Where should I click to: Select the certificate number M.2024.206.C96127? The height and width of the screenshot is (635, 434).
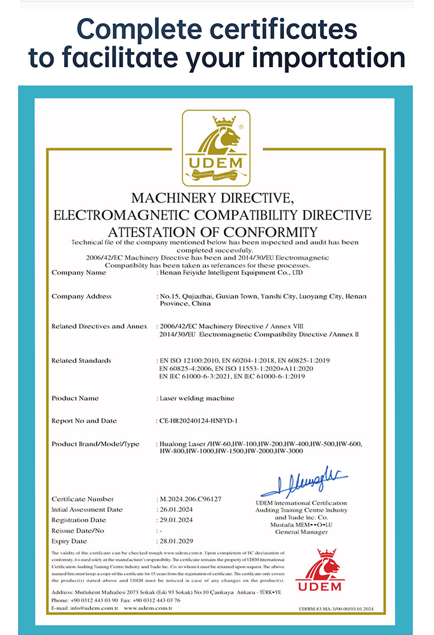click(190, 499)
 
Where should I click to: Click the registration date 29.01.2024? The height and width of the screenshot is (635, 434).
click(176, 520)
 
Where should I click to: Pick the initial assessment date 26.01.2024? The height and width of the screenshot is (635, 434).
click(176, 510)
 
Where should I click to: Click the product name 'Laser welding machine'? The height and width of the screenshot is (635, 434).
click(197, 398)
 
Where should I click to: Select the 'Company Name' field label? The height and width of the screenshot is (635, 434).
click(79, 272)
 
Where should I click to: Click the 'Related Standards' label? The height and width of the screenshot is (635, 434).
click(81, 360)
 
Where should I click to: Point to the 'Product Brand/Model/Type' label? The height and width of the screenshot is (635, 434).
click(95, 444)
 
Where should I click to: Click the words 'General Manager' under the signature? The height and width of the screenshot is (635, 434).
click(301, 531)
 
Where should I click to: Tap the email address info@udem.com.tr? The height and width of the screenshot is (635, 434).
click(93, 608)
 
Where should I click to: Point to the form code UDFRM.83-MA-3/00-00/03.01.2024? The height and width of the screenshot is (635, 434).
click(337, 608)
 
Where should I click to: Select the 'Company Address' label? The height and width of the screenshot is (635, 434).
click(82, 296)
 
